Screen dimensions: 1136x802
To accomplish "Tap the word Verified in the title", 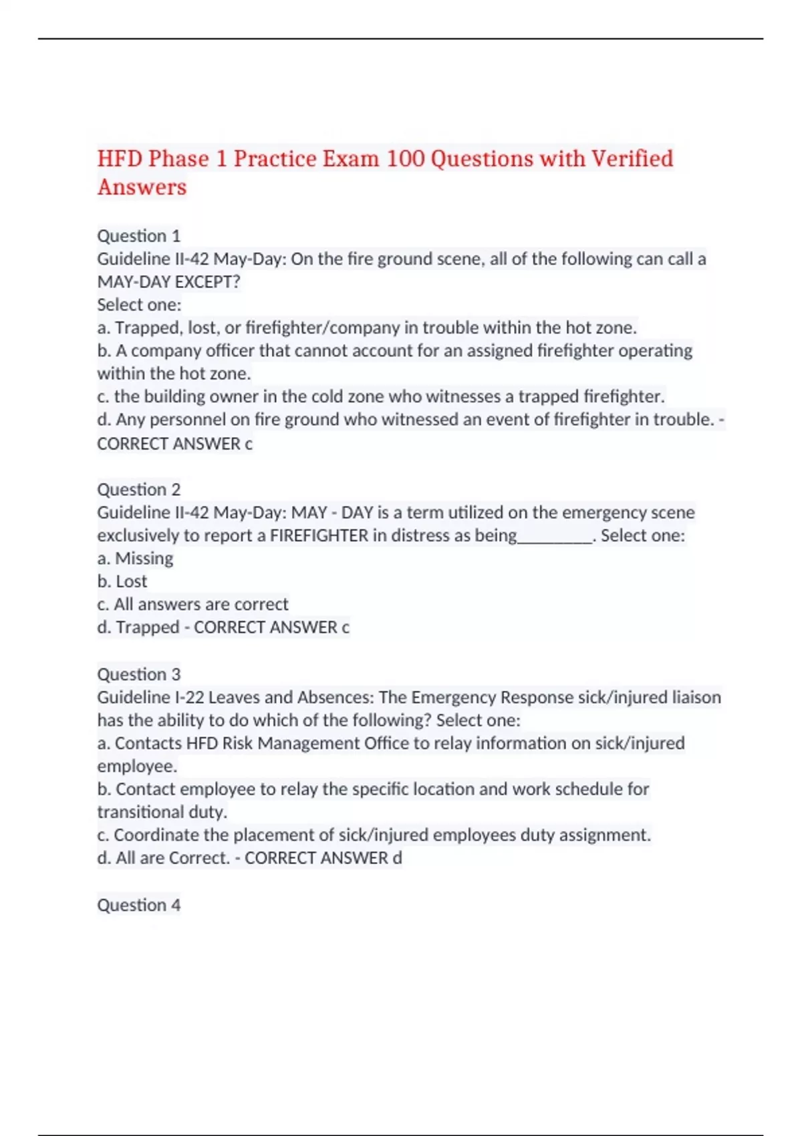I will pyautogui.click(x=632, y=159).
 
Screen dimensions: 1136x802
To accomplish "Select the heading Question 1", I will pyautogui.click(x=139, y=236).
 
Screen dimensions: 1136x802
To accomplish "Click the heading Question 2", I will pyautogui.click(x=139, y=489).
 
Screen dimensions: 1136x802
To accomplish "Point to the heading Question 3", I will pyautogui.click(x=139, y=674).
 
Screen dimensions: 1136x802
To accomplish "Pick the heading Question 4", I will pyautogui.click(x=139, y=905).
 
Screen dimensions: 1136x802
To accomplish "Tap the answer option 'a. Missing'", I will pyautogui.click(x=135, y=559).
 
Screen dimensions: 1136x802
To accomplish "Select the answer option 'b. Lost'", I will pyautogui.click(x=122, y=581).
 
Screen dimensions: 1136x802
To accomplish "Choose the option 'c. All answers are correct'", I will pyautogui.click(x=193, y=604).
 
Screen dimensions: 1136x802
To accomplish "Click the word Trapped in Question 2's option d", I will pyautogui.click(x=148, y=627).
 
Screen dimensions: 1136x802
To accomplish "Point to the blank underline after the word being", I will pyautogui.click(x=555, y=536).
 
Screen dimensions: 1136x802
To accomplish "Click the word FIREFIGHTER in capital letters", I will pyautogui.click(x=319, y=536).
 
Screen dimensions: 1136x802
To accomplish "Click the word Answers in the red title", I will pyautogui.click(x=142, y=188).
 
